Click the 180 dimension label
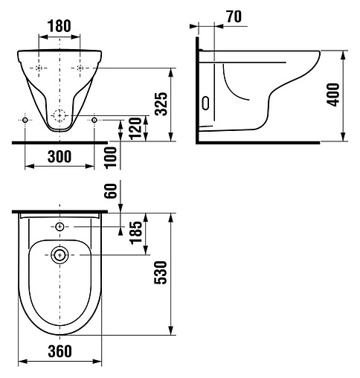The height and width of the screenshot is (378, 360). pos(59,26)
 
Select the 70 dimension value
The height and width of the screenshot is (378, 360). pos(234,16)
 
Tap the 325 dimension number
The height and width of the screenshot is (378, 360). pos(161,104)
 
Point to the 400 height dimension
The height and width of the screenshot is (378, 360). pos(333,94)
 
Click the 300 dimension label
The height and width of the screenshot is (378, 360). pos(60,157)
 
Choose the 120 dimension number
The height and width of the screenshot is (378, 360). pos(135,129)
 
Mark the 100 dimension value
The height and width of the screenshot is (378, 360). pos(111,158)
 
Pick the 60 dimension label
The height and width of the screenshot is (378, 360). pos(111,190)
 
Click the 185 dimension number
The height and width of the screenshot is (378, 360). pos(137,233)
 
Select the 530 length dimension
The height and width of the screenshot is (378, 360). pos(161,272)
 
